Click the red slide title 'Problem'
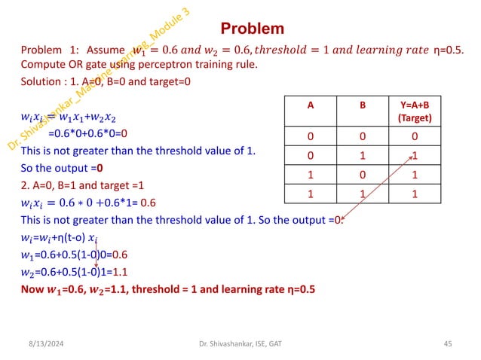252,29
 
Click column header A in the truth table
309,105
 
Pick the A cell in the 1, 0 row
309,174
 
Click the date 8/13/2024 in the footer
38,344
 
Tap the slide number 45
447,344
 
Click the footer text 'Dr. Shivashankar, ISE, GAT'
240,344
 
